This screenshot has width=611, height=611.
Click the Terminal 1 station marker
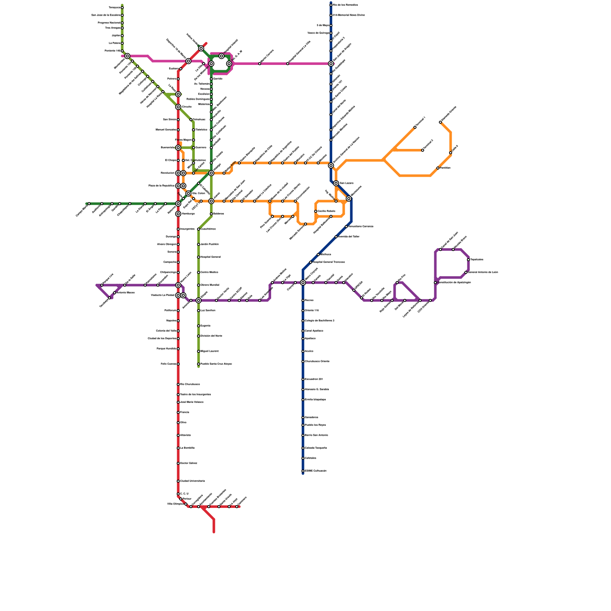point(415,127)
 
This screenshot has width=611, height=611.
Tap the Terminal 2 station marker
point(423,150)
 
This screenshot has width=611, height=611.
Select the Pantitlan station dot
point(438,168)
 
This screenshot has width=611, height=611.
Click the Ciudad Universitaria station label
point(192,481)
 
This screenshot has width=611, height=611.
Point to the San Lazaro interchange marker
point(336,183)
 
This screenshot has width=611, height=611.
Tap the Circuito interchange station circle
point(178,107)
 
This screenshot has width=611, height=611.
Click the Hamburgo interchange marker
point(178,214)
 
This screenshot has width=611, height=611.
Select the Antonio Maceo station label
point(125,293)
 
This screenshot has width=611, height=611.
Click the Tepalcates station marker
point(469,260)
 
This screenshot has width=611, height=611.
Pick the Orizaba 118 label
point(312,310)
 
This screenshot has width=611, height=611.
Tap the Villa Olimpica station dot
point(186,504)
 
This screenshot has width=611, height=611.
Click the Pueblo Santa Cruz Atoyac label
point(216,364)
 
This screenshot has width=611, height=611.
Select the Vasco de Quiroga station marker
point(331,33)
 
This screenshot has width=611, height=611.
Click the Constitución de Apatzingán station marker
point(435,283)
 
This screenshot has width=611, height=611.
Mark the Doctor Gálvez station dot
point(178,463)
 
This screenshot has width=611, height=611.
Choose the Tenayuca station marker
point(122,8)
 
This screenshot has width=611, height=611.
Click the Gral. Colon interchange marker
point(189,194)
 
